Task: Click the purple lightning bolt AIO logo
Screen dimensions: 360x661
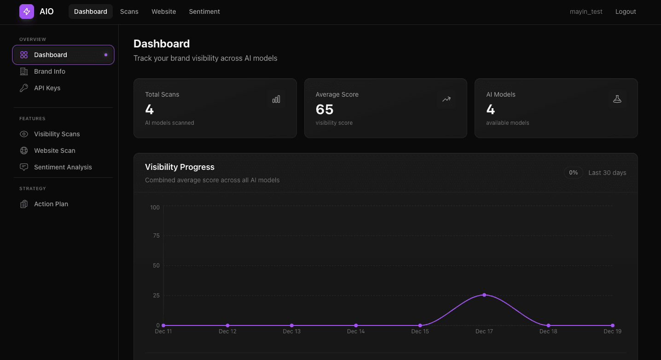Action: (27, 12)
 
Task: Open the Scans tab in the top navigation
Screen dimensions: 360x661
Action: (129, 12)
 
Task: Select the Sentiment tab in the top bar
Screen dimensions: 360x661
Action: (204, 12)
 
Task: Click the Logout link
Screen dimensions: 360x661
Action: (626, 12)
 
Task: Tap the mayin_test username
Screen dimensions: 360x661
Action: (586, 12)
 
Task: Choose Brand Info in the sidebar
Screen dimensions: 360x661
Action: (50, 71)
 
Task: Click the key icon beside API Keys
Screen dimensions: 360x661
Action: (24, 88)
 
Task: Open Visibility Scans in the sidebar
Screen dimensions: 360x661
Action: (57, 134)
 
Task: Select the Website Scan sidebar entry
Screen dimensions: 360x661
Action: (54, 151)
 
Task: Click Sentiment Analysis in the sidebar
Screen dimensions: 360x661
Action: (63, 167)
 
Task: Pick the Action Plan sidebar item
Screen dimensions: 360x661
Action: (51, 204)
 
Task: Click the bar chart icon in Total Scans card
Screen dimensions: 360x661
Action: (276, 99)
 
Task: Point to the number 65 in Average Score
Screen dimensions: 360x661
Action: (325, 110)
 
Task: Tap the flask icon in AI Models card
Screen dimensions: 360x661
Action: (617, 99)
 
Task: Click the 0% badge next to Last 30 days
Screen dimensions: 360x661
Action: (574, 173)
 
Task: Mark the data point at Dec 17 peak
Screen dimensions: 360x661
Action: (484, 295)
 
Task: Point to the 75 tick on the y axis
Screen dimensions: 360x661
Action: (156, 236)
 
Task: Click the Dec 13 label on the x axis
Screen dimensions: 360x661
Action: (291, 331)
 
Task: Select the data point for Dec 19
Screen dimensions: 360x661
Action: (612, 325)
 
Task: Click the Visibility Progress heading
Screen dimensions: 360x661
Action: (180, 167)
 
